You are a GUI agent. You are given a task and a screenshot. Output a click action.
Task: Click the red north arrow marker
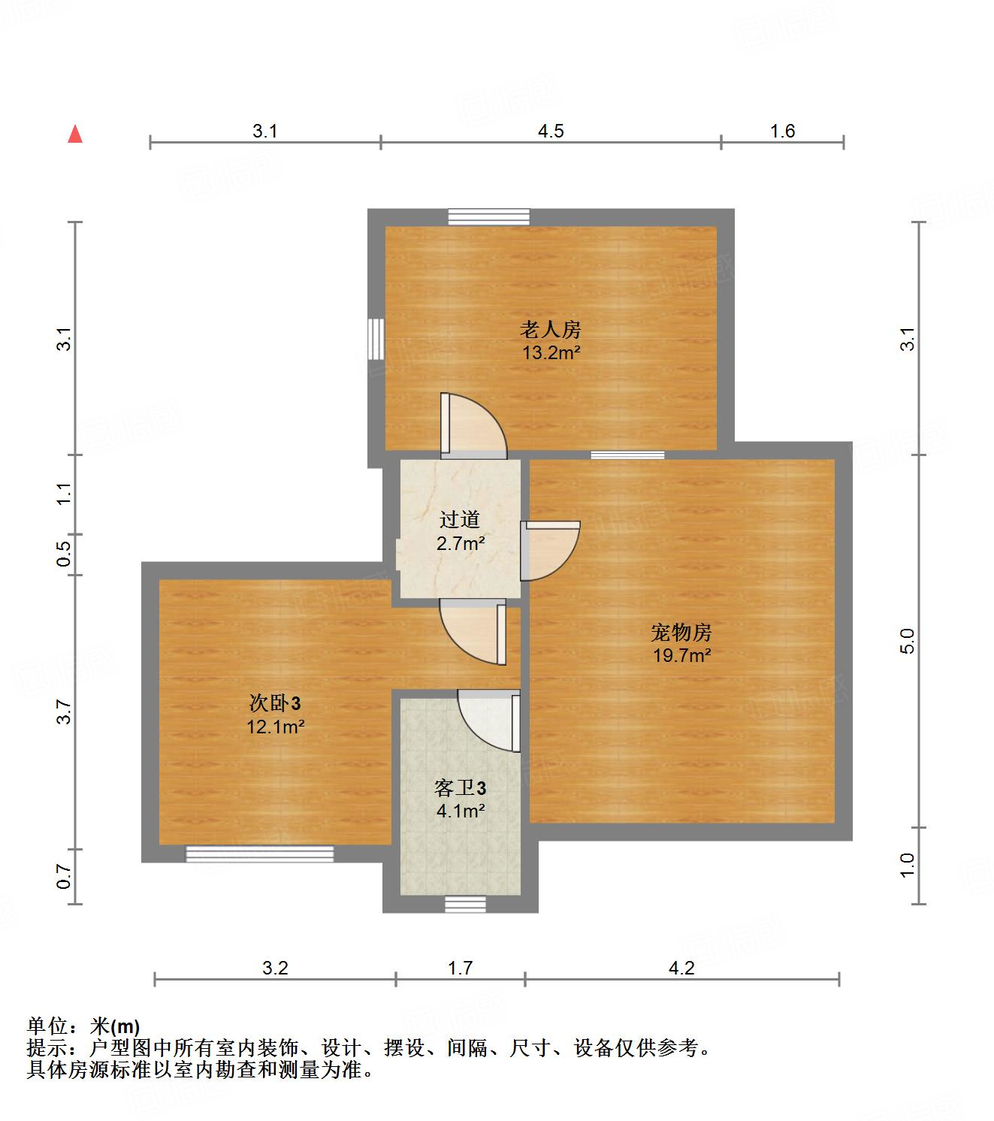tap(75, 134)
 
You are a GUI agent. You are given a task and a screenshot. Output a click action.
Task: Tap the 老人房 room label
tap(551, 329)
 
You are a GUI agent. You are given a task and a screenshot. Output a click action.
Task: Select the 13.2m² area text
tap(551, 352)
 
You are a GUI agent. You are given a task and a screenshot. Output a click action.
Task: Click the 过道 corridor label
tap(460, 519)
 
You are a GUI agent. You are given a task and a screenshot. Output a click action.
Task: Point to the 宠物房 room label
tap(681, 632)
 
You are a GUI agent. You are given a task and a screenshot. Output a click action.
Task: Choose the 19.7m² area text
tap(681, 655)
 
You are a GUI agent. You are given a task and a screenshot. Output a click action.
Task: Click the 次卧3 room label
tap(275, 703)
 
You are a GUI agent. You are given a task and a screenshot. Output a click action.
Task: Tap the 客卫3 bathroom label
tap(460, 788)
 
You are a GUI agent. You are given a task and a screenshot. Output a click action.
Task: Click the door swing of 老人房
tap(472, 427)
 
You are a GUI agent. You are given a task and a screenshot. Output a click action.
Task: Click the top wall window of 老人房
tap(489, 217)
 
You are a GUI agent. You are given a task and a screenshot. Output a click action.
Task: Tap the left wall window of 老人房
tap(376, 339)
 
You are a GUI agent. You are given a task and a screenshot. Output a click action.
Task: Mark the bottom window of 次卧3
tap(260, 854)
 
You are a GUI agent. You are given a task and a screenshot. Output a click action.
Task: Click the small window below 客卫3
tap(465, 904)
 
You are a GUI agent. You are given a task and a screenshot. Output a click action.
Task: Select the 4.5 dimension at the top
tap(551, 131)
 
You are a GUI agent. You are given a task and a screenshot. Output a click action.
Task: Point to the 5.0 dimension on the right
tap(908, 640)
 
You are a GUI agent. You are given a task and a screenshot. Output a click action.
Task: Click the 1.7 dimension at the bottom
tap(460, 968)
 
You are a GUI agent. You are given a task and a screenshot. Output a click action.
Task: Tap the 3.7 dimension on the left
tap(65, 711)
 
